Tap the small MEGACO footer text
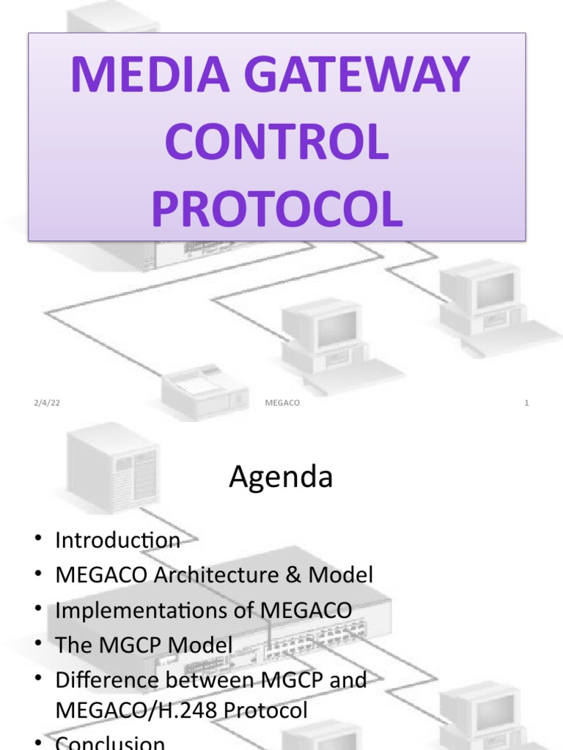coord(281,403)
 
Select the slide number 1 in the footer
coord(526,403)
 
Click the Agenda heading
coord(281,478)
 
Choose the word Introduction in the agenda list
coord(117,541)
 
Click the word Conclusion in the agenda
coord(110,743)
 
